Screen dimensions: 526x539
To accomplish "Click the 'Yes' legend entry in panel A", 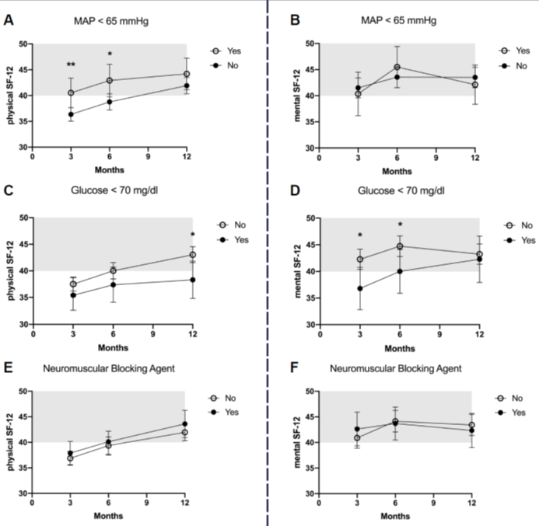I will coord(233,51).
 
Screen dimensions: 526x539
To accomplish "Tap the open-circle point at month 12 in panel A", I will coord(187,74).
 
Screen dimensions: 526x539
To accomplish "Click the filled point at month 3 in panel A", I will coord(71,114).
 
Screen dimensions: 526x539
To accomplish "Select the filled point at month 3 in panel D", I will coord(359,288).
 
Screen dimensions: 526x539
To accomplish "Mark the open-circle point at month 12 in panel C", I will coord(192,255).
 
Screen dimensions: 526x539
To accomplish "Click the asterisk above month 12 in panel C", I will coord(192,235).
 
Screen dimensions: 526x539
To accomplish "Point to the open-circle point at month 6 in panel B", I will coord(397,67).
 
